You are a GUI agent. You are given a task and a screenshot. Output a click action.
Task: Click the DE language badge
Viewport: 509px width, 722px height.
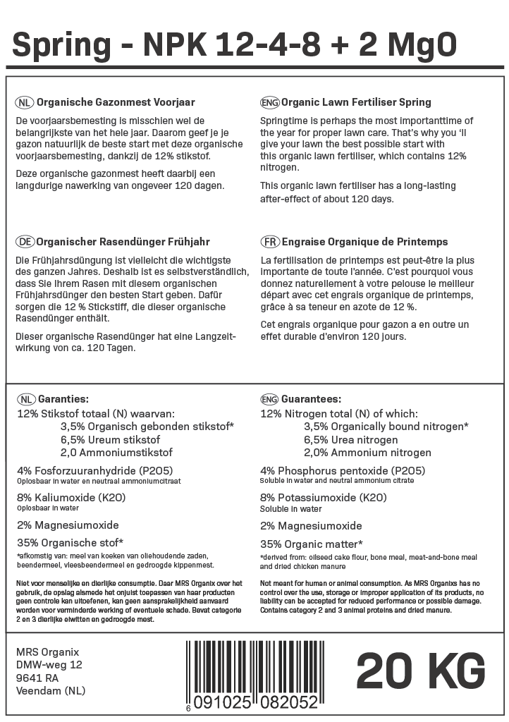coord(25,242)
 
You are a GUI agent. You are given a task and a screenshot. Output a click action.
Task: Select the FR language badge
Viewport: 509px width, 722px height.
coord(269,242)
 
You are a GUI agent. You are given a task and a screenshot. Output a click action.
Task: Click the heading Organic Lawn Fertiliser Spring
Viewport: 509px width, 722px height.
coord(356,102)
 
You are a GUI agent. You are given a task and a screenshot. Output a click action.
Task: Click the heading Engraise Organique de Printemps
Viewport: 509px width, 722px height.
coord(364,242)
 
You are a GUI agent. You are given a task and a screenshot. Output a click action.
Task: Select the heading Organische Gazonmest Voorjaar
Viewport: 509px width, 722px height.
coord(116,102)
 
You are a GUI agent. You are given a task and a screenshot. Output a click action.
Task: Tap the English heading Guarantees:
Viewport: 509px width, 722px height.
coord(311,399)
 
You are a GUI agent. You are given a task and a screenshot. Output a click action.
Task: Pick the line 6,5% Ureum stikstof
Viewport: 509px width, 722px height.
coord(111,439)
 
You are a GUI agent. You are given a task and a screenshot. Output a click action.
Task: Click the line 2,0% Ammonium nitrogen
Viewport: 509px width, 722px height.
coord(367,453)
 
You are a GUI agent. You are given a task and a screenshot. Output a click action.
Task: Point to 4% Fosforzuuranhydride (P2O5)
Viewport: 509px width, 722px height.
coord(95,470)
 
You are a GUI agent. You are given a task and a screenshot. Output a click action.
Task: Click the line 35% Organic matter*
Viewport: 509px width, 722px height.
coord(312,544)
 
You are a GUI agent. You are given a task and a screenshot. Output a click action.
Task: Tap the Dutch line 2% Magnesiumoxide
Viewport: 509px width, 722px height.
coord(68,525)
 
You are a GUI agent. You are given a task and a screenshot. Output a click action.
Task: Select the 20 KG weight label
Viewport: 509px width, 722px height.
coord(420,671)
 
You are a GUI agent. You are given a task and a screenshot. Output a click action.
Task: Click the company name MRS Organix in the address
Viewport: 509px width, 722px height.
coord(47,651)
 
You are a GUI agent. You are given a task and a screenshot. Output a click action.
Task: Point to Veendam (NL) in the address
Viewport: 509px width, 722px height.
coord(50,691)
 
